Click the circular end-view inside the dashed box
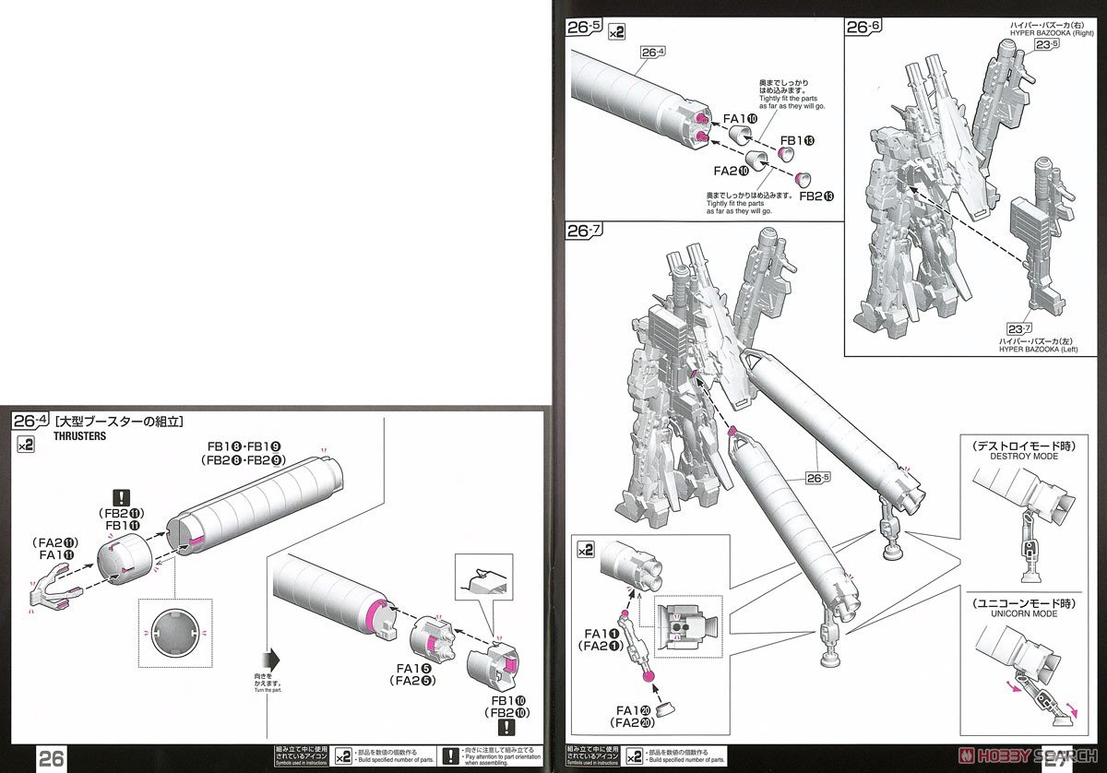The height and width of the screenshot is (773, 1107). coord(174,635)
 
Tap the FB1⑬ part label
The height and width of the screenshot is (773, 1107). coord(796,140)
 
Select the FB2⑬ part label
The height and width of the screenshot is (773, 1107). coord(817,196)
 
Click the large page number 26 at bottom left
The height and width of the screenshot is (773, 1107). coord(52,758)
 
